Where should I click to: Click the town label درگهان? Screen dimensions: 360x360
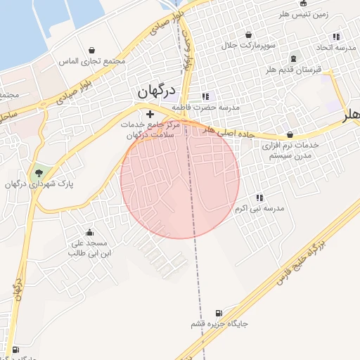pos(155,91)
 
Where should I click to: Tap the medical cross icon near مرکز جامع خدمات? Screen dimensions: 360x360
pos(150,113)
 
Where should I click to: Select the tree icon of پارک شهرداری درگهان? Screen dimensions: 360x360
pos(39,172)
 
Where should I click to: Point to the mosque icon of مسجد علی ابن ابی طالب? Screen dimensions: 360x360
pos(89,232)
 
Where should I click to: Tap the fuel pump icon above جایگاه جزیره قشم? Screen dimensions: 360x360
pos(218,313)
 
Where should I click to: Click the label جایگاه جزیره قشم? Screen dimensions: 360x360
pos(219,324)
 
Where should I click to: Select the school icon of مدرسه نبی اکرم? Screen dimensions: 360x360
pos(259,198)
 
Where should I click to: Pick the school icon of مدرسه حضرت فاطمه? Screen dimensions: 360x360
pos(205,96)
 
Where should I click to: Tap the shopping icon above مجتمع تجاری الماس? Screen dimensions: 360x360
pos(93,50)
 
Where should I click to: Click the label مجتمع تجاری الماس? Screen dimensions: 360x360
pos(92,61)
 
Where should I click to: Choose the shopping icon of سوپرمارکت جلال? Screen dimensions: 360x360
pos(248,34)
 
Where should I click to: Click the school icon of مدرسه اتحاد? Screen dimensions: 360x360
pos(336,36)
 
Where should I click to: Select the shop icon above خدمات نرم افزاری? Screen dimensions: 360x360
pos(290,134)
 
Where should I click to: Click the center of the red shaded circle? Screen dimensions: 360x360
pos(180,179)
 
